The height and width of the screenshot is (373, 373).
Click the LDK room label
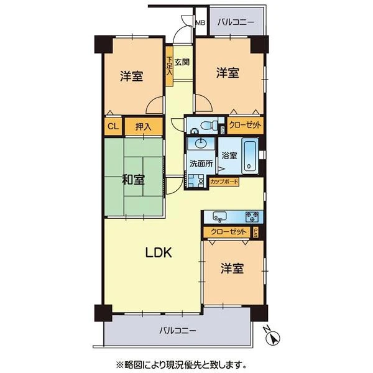(x=159, y=252)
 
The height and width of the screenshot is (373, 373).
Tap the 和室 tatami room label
(x=133, y=180)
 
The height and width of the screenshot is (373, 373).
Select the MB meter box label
(x=200, y=23)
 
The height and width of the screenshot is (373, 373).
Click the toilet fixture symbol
(x=209, y=125)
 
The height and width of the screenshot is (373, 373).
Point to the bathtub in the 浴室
(x=250, y=156)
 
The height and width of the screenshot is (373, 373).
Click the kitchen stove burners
(x=252, y=217)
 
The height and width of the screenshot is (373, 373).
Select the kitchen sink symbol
(x=220, y=217)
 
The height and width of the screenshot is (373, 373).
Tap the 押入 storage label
(x=144, y=126)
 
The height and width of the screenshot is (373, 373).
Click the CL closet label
(x=113, y=126)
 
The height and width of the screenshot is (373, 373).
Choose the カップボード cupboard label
(x=224, y=182)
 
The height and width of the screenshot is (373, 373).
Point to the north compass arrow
(x=274, y=338)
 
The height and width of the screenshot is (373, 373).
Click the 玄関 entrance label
(x=182, y=62)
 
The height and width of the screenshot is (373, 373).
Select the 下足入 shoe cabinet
(x=169, y=66)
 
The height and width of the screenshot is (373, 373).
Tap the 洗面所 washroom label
(x=201, y=163)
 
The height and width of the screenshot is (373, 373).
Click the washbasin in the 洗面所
(x=201, y=143)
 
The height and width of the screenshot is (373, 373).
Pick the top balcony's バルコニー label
(x=236, y=22)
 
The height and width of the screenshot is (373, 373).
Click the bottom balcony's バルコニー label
(x=178, y=331)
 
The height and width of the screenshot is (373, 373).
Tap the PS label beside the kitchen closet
(x=256, y=232)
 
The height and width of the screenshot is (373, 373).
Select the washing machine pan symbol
(x=196, y=181)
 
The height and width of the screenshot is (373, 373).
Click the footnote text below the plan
(x=181, y=364)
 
